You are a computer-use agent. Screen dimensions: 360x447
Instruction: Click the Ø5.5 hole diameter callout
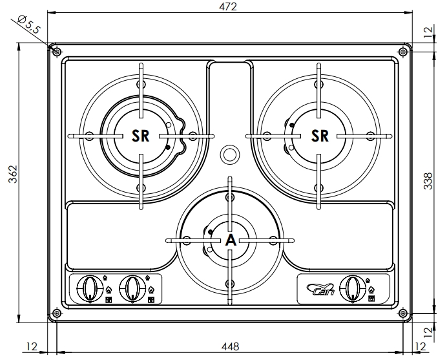pos(28,25)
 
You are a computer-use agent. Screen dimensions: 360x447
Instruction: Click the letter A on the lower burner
pos(230,240)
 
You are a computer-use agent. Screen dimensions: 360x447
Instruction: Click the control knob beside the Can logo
pos(351,287)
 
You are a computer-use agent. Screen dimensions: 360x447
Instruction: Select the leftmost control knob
pos(90,287)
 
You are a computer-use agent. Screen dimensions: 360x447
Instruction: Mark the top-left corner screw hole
pos(57,51)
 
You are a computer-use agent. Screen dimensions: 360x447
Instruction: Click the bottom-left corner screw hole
pos(57,313)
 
